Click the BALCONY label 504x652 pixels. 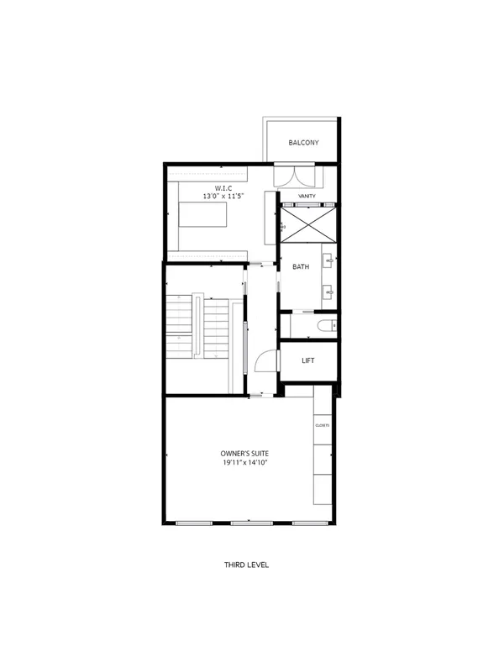tap(302, 143)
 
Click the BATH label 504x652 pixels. tap(300, 267)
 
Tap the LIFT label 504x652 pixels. tap(307, 360)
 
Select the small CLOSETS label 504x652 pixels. tap(323, 425)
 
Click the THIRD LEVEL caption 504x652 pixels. tap(246, 565)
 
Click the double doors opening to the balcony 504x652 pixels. tap(298, 176)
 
